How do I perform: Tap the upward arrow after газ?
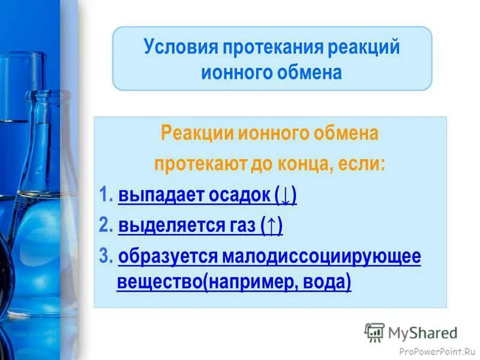point(272,227)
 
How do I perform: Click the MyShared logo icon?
point(374,332)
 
